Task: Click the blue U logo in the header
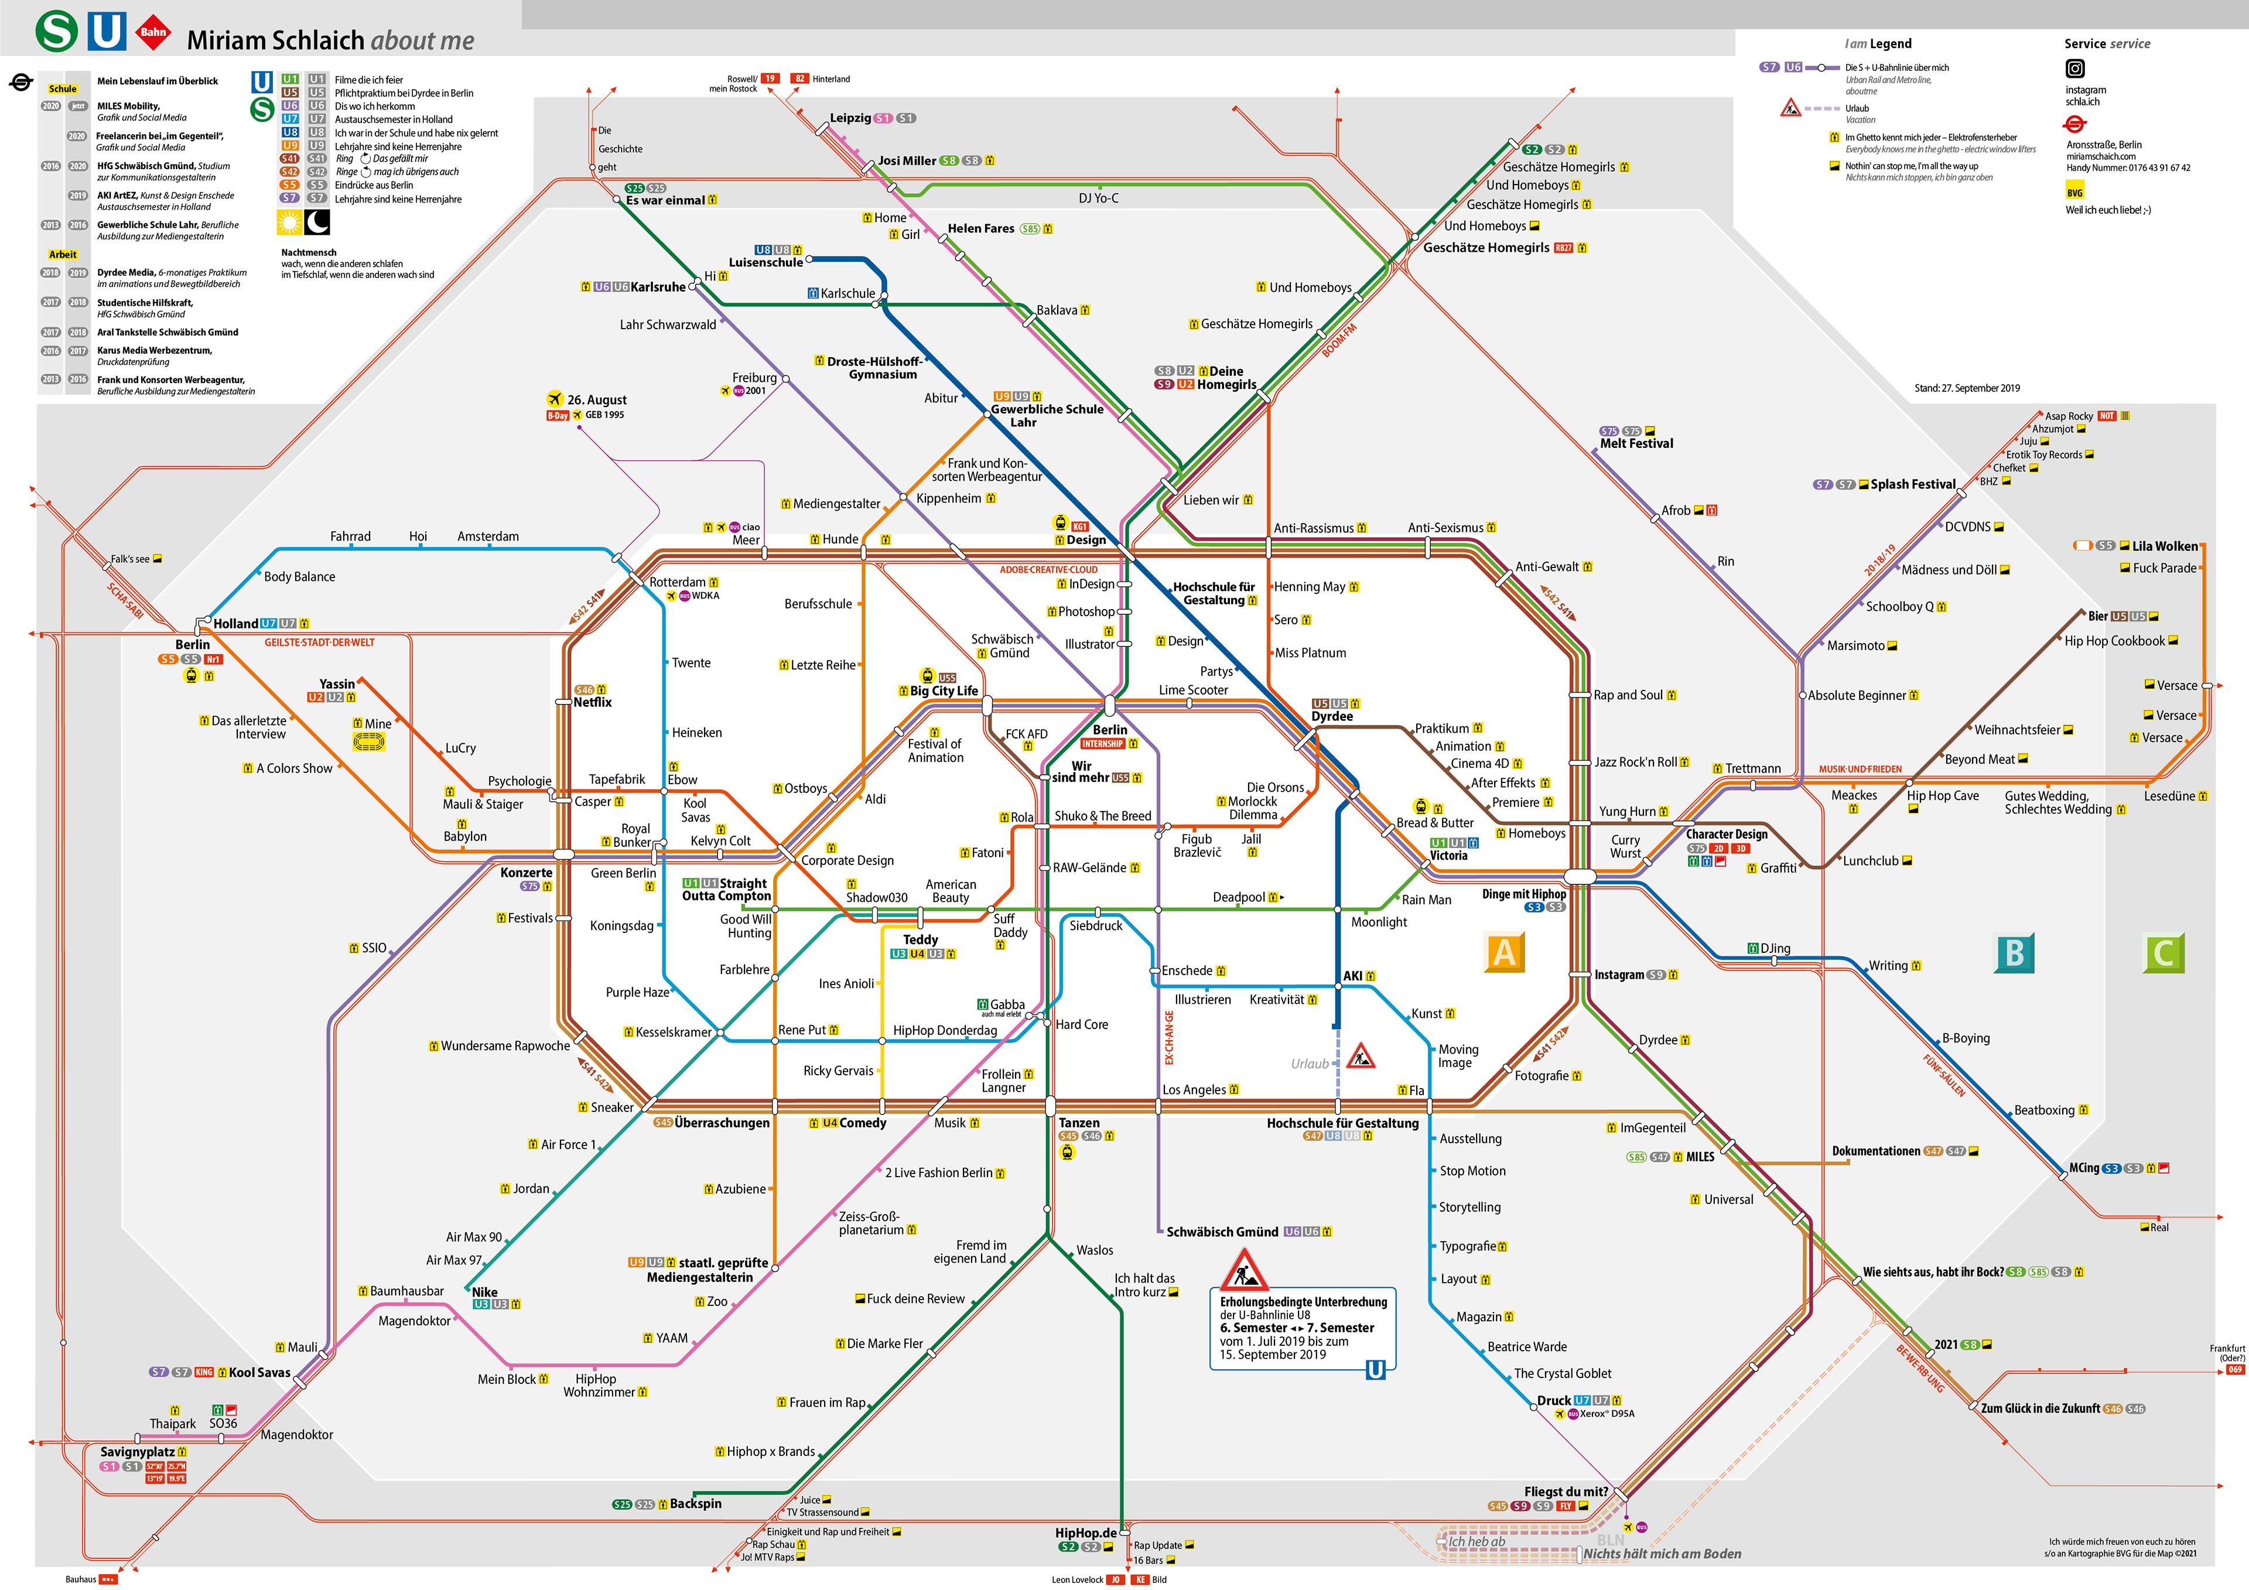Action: coord(107,32)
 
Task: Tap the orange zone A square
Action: coord(1505,952)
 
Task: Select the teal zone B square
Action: coord(2014,952)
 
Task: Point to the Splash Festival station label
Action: coord(1912,484)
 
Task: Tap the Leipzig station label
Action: coord(850,118)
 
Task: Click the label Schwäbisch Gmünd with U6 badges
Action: coord(1222,1232)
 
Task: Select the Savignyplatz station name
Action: coord(137,1452)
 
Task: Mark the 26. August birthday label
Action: coord(597,400)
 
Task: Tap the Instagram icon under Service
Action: coord(2074,69)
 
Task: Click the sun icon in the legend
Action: coord(289,223)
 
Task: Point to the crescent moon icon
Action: coord(317,223)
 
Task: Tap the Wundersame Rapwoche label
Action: coord(504,1045)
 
